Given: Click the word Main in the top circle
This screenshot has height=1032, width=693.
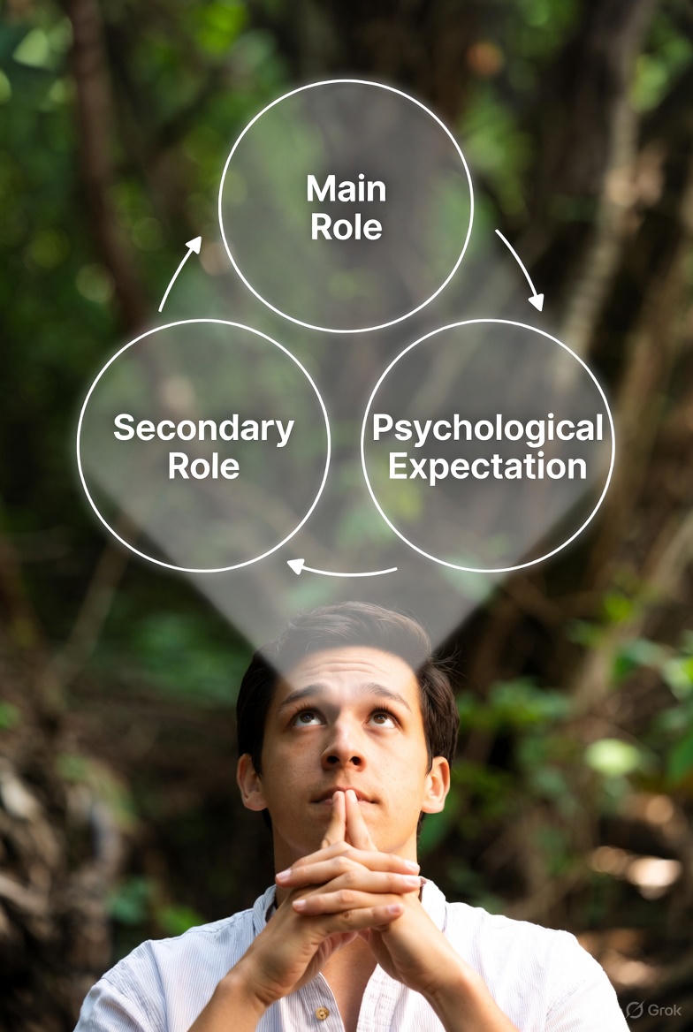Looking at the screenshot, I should (x=346, y=188).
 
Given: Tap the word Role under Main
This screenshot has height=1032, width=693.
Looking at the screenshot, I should (x=346, y=227).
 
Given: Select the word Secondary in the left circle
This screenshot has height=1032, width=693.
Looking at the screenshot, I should (x=203, y=429).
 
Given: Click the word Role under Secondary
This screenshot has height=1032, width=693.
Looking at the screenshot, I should (x=203, y=467).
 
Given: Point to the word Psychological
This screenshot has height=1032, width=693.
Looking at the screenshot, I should (x=487, y=429).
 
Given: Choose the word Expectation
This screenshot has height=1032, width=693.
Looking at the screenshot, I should (x=487, y=467).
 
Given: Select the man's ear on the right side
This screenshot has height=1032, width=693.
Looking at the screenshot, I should (x=437, y=782).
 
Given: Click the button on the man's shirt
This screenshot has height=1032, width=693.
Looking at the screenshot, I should (x=324, y=1012).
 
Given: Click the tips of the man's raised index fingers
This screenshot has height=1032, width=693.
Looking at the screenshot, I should (x=345, y=799).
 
